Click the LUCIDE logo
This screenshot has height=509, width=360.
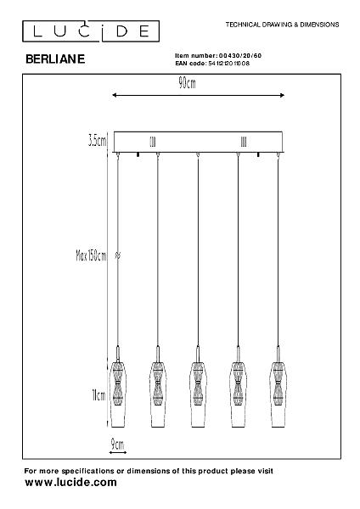coord(91,31)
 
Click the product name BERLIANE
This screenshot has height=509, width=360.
coord(55,59)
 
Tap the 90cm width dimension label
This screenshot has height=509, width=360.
coord(187,83)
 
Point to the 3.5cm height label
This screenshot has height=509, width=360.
coord(97,141)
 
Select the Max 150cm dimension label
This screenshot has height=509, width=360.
coord(91,256)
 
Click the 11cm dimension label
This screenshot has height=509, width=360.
coord(98,395)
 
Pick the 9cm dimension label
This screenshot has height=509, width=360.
coord(117,444)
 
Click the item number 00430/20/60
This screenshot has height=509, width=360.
coord(240,56)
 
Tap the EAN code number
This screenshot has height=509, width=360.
coord(228,64)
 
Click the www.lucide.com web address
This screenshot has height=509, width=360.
coord(70,483)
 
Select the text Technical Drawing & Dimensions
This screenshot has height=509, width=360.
coord(283,25)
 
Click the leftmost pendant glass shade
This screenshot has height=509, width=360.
coord(118,394)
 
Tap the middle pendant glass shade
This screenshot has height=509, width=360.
coord(198,394)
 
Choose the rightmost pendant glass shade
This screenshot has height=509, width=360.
coord(278,394)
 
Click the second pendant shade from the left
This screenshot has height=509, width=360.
coord(158,394)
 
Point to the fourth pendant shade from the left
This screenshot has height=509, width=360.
coord(238,394)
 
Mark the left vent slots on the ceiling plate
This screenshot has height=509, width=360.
coord(152,142)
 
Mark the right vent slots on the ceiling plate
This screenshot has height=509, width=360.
coord(244,142)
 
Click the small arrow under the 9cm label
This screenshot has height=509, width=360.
coord(118,452)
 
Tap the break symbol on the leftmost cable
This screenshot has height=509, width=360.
coord(118,255)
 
